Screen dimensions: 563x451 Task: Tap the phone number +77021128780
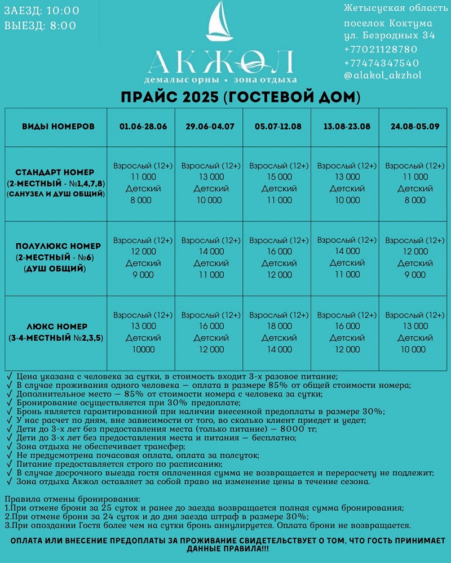(381, 50)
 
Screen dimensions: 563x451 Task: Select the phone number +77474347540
(381, 62)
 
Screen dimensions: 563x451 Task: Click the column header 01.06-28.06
(143, 126)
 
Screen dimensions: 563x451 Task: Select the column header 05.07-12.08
(278, 126)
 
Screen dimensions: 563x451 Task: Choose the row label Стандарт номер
(55, 172)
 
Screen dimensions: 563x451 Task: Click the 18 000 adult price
(278, 326)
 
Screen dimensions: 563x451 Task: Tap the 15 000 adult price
(278, 177)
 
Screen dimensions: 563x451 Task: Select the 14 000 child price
(278, 350)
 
